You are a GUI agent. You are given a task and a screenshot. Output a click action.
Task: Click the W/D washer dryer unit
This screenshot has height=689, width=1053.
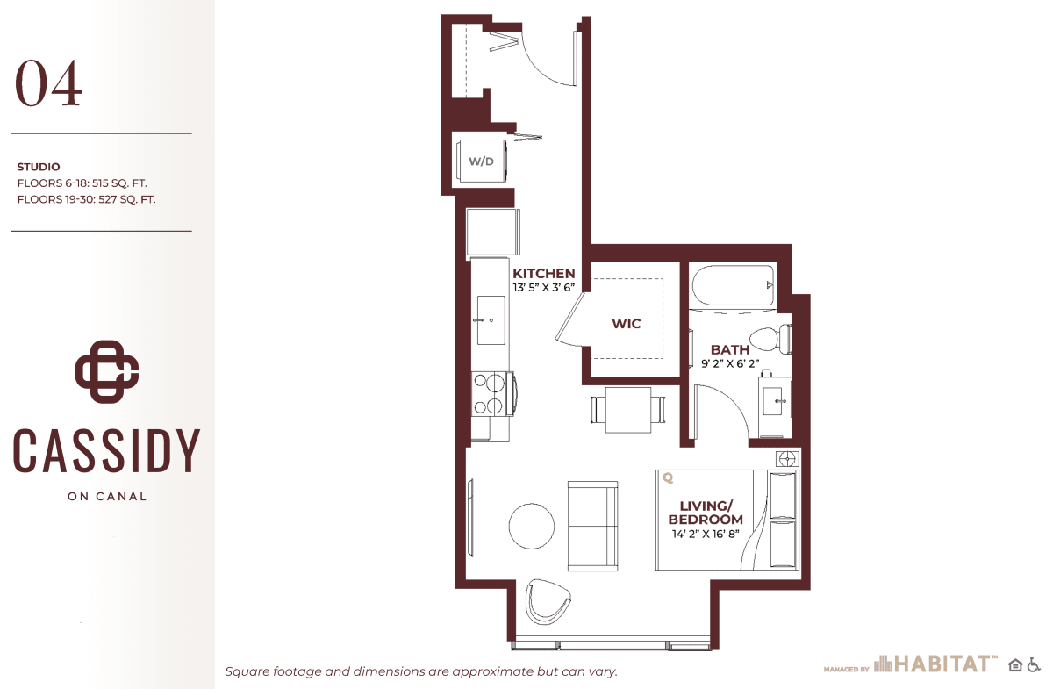tap(483, 161)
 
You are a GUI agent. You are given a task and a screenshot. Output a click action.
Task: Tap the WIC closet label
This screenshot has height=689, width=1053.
tap(627, 324)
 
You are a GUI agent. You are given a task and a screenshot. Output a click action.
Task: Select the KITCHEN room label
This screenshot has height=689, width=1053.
tap(543, 273)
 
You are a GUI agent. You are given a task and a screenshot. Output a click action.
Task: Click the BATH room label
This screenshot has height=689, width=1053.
tap(729, 349)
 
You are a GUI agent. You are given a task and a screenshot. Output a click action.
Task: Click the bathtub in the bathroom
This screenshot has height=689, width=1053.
tap(733, 286)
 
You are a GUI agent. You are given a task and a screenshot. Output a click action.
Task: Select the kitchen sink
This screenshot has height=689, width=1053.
tap(491, 320)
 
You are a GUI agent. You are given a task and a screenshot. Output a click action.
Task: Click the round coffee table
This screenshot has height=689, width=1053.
tap(531, 526)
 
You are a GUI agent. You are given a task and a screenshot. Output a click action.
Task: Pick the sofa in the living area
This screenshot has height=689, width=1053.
tap(593, 526)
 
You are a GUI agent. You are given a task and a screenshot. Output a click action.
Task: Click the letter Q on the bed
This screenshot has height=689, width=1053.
tap(668, 477)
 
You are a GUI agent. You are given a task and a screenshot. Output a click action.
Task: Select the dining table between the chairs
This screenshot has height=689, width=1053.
tap(628, 410)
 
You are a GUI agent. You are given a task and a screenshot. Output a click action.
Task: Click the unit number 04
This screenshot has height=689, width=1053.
tap(49, 83)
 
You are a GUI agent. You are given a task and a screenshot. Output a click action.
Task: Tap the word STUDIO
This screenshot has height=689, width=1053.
tap(39, 167)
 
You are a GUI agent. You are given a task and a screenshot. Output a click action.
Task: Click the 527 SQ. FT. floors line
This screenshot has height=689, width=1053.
tap(86, 199)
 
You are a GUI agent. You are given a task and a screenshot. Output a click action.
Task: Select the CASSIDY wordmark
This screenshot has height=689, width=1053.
tap(107, 450)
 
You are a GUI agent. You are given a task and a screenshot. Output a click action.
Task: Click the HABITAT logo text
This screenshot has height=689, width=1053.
tap(944, 664)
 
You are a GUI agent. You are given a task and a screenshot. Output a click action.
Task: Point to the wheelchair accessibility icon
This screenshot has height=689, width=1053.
tap(1034, 664)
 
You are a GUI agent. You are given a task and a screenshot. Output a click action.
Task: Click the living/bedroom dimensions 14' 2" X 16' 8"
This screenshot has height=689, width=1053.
tap(706, 534)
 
